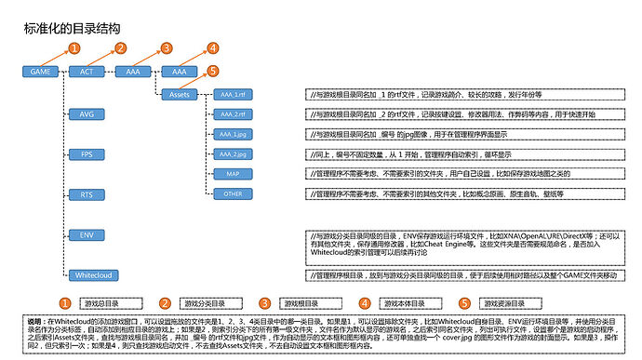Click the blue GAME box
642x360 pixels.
coord(41,72)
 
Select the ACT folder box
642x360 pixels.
coord(87,72)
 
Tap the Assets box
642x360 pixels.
coord(179,93)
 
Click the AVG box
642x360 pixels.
coord(87,114)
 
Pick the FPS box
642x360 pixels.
coord(87,153)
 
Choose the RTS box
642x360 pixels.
coord(87,194)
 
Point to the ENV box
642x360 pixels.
coord(87,234)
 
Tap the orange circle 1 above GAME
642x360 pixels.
coord(74,47)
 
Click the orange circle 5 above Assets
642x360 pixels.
coord(213,70)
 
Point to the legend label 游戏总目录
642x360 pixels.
coord(100,303)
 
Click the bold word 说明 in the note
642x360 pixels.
coord(35,319)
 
